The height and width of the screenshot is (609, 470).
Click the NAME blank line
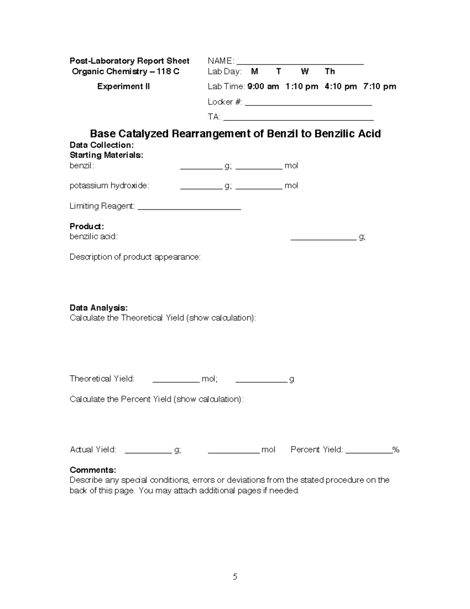tap(300, 63)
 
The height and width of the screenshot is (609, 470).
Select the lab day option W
tap(305, 71)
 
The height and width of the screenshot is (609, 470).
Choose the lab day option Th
tap(330, 71)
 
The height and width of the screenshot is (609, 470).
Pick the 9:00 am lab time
tap(263, 86)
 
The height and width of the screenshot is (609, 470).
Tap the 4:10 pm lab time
tap(340, 86)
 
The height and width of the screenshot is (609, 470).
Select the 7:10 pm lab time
tap(380, 86)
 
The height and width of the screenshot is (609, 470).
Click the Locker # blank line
tap(308, 104)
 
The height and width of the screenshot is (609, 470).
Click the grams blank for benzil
tap(201, 168)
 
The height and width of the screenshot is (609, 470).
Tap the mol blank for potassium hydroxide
tap(258, 188)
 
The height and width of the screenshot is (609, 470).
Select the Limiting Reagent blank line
tap(189, 208)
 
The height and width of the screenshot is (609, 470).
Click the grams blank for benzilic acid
tap(324, 238)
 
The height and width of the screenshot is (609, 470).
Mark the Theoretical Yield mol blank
tap(176, 381)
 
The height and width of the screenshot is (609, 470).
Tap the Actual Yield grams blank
tap(148, 452)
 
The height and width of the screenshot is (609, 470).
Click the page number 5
tap(235, 576)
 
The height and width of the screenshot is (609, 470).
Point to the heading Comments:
tap(93, 470)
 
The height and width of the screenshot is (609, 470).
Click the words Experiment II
tap(123, 86)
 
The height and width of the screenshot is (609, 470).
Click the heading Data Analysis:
tap(99, 307)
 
